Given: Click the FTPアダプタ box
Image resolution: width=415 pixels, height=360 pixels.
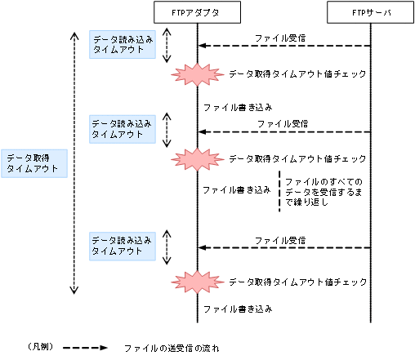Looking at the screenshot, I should (x=197, y=12).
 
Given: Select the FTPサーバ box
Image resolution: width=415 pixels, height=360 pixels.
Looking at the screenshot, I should (x=372, y=12).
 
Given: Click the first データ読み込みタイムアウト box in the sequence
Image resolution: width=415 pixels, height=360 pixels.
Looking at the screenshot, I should (x=122, y=43).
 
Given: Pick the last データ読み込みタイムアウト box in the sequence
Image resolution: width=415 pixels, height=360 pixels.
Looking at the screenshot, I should (x=122, y=246).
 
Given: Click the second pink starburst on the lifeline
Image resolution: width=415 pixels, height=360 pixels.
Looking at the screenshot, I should (x=196, y=158).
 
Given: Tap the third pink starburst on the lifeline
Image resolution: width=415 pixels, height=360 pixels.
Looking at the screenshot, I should (x=196, y=281).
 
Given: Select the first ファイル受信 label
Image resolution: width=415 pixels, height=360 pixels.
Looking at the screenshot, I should (x=280, y=38).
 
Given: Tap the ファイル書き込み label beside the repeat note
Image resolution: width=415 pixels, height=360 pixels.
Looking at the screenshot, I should (x=236, y=189).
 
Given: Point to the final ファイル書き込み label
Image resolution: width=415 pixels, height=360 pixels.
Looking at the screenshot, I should (x=236, y=309).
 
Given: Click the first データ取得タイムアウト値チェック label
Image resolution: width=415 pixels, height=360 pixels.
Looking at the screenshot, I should (x=296, y=74).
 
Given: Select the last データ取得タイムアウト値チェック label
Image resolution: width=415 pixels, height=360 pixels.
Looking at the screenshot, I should (x=296, y=281).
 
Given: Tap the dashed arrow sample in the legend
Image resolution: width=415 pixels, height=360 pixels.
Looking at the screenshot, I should (x=85, y=347).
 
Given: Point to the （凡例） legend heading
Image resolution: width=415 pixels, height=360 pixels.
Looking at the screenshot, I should (x=41, y=347).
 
